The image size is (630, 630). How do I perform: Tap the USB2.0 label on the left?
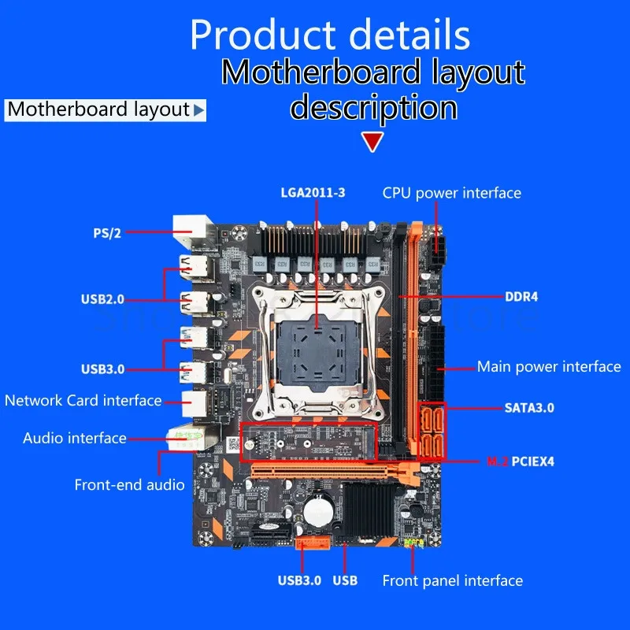point(102,298)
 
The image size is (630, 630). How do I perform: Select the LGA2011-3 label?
point(314,191)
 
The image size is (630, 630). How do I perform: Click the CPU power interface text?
point(452,192)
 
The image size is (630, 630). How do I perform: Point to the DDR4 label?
point(521,297)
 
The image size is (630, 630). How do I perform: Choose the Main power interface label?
point(549,366)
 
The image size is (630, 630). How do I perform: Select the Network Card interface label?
point(83,400)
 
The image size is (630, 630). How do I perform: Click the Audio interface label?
point(75,438)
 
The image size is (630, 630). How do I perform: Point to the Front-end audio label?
point(130,484)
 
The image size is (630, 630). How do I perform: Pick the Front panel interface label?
point(452,581)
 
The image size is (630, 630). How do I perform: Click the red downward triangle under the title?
point(372,142)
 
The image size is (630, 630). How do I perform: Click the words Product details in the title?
point(330,35)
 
